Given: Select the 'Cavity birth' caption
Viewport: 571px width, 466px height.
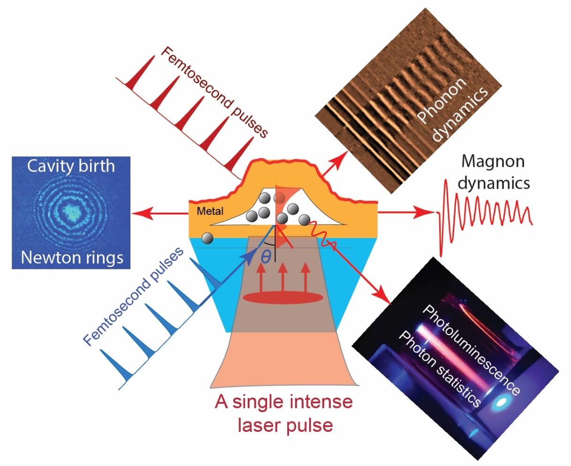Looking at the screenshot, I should (x=71, y=166).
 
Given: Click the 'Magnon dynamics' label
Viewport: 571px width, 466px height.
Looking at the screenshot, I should (x=493, y=172).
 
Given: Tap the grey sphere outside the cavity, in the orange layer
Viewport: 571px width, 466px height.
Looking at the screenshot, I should (x=207, y=238).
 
